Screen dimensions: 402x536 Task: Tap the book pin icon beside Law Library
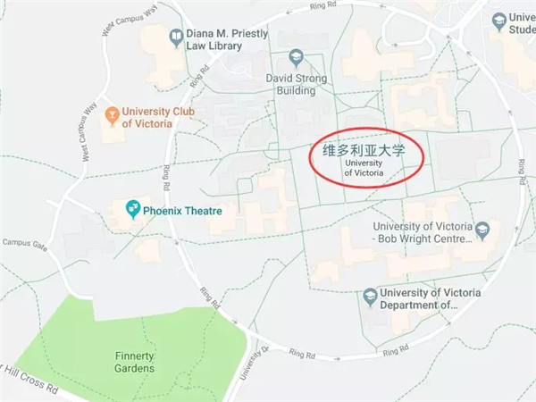[x=175, y=37]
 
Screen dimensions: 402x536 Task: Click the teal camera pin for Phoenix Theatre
[x=132, y=211]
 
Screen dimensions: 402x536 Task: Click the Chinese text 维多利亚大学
[x=364, y=151]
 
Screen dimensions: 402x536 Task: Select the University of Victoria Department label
[x=430, y=299]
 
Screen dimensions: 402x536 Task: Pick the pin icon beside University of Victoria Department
[x=368, y=295]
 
